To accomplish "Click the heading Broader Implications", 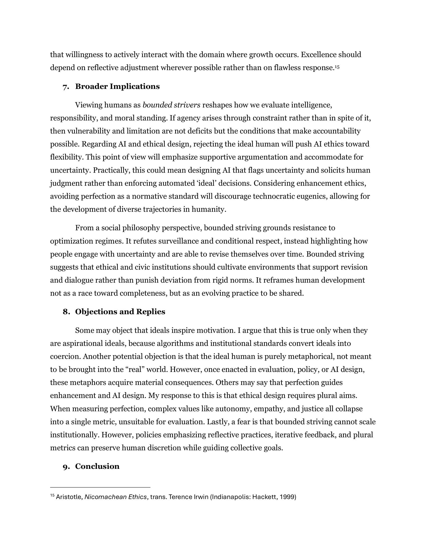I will (x=117, y=87).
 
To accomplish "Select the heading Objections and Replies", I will (x=120, y=312).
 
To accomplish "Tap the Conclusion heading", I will (x=97, y=466).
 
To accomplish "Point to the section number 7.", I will (x=66, y=87).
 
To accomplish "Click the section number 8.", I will (x=66, y=312).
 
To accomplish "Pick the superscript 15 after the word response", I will (x=337, y=67).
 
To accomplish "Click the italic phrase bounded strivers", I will (x=171, y=105).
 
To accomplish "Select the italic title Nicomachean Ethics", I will (x=116, y=497).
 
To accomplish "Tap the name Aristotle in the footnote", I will (x=69, y=497).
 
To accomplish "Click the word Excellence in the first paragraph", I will (x=318, y=55).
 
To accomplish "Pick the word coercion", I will (x=65, y=356).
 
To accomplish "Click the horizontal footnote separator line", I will (x=100, y=487).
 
